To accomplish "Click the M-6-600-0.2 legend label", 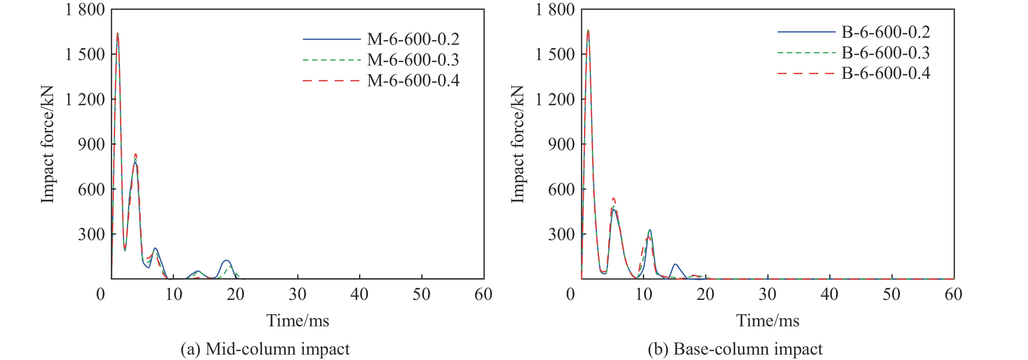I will pyautogui.click(x=413, y=39).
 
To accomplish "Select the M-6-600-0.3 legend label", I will pyautogui.click(x=413, y=60).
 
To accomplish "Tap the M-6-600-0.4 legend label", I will pyautogui.click(x=413, y=81).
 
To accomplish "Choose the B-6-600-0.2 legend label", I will pyautogui.click(x=885, y=32).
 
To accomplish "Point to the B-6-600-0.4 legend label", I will pyautogui.click(x=885, y=73).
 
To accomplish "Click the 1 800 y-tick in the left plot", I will pyautogui.click(x=85, y=10).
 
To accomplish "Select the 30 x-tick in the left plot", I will pyautogui.click(x=297, y=294).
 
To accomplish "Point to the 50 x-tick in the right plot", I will pyautogui.click(x=891, y=294).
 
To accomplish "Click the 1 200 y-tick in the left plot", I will pyautogui.click(x=85, y=99).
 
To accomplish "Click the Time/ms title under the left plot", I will pyautogui.click(x=298, y=321).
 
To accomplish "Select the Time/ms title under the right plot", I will pyautogui.click(x=767, y=321).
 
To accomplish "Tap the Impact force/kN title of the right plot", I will pyautogui.click(x=517, y=144).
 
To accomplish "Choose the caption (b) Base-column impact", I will pyautogui.click(x=735, y=349).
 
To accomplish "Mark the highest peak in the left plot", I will pyautogui.click(x=117, y=33).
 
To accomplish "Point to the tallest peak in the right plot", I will pyautogui.click(x=588, y=30).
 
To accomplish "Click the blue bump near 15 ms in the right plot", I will pyautogui.click(x=675, y=264).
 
